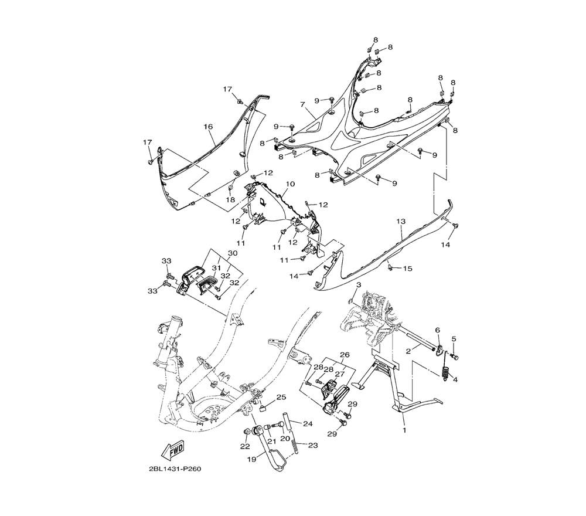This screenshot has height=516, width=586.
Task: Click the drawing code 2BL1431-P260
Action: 175,469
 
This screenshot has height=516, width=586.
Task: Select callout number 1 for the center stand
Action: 404,430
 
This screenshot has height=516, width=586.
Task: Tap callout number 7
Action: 302,105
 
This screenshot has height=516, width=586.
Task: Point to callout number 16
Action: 208,127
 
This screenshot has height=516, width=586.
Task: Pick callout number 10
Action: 291,184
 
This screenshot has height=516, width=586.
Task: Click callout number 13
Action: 401,222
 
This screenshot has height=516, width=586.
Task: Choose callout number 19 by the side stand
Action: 251,459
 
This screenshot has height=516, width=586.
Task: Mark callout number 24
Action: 308,423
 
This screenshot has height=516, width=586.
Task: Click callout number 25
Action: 281,397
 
